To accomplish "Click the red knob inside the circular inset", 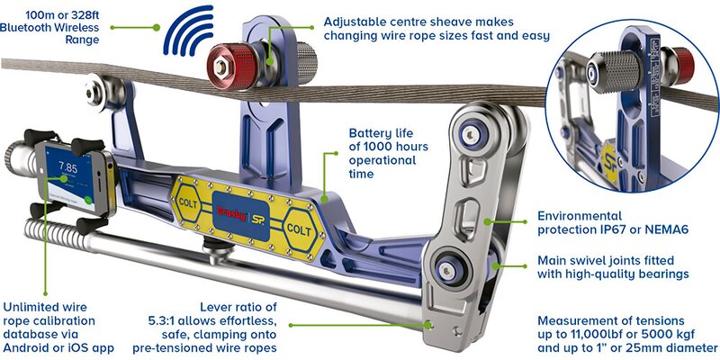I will tap(685, 63).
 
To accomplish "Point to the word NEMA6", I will tap(651, 231).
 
